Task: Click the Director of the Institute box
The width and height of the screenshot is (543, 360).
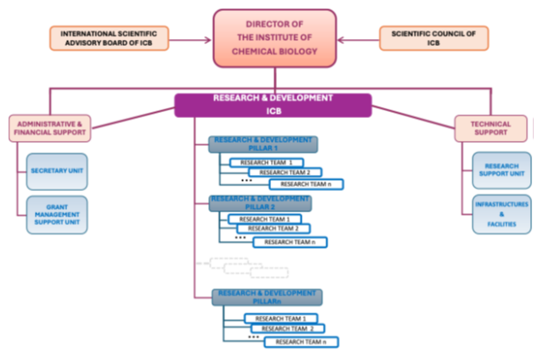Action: point(271,38)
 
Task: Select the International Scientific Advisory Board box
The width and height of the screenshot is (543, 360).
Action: point(109,37)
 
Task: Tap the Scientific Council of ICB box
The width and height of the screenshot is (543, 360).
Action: point(433,37)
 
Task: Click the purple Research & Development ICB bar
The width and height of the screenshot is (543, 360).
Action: point(274,104)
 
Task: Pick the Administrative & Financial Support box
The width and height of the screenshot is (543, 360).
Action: point(48,129)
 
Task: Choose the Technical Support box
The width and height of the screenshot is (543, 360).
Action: point(490,129)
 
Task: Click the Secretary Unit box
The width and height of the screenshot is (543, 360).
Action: point(57,171)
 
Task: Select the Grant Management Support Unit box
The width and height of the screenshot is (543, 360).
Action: point(57,217)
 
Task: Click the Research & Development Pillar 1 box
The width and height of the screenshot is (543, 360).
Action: point(263,143)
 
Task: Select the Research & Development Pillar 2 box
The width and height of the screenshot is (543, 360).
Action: point(260,203)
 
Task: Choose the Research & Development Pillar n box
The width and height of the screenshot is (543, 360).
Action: point(267,296)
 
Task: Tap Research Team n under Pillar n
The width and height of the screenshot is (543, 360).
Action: point(302,341)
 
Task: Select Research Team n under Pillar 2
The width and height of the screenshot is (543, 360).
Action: point(290,242)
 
